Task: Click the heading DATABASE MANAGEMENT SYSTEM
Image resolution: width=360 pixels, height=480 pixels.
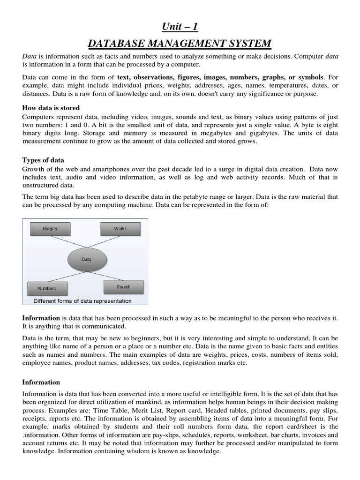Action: click(180, 44)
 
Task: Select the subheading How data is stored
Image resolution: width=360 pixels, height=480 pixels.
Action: click(51, 108)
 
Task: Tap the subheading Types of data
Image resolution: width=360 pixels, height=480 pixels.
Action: click(43, 160)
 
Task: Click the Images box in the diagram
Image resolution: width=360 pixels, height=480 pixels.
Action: click(50, 229)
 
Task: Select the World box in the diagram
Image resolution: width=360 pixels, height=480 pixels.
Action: click(120, 229)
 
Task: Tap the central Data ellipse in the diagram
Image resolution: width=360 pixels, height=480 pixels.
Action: click(86, 259)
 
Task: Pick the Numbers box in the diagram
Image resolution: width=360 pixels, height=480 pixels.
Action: click(47, 288)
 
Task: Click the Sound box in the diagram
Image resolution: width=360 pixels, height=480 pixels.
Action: click(123, 286)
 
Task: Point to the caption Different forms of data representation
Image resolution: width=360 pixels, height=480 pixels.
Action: click(83, 301)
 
